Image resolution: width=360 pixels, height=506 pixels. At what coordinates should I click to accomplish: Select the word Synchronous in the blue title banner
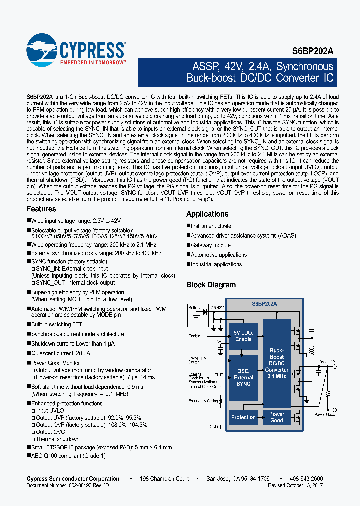tap(304, 67)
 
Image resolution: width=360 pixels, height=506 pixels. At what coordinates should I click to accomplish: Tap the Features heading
tap(41, 209)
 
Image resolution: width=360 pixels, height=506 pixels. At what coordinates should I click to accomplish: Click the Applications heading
tap(207, 214)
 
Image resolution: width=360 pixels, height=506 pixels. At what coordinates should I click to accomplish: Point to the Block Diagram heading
tap(211, 285)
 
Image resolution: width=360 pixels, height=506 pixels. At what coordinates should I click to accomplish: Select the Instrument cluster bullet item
tap(212, 226)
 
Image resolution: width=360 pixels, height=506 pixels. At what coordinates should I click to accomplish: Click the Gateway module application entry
tap(210, 245)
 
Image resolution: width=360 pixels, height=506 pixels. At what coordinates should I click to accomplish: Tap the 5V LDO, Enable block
tap(243, 336)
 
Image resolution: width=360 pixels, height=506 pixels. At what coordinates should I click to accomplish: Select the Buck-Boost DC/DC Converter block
tap(276, 364)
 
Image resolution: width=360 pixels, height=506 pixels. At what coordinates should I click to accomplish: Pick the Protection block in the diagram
tap(243, 417)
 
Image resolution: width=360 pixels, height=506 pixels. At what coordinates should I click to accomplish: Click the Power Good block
tap(276, 417)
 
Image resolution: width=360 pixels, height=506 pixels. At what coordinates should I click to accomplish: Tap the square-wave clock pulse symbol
tap(218, 373)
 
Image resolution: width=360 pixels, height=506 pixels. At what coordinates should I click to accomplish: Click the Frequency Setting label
tap(203, 401)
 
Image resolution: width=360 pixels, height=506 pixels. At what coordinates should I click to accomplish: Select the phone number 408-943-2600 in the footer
tap(306, 479)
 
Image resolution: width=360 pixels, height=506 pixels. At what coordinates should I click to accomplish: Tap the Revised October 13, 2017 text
tap(295, 485)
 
